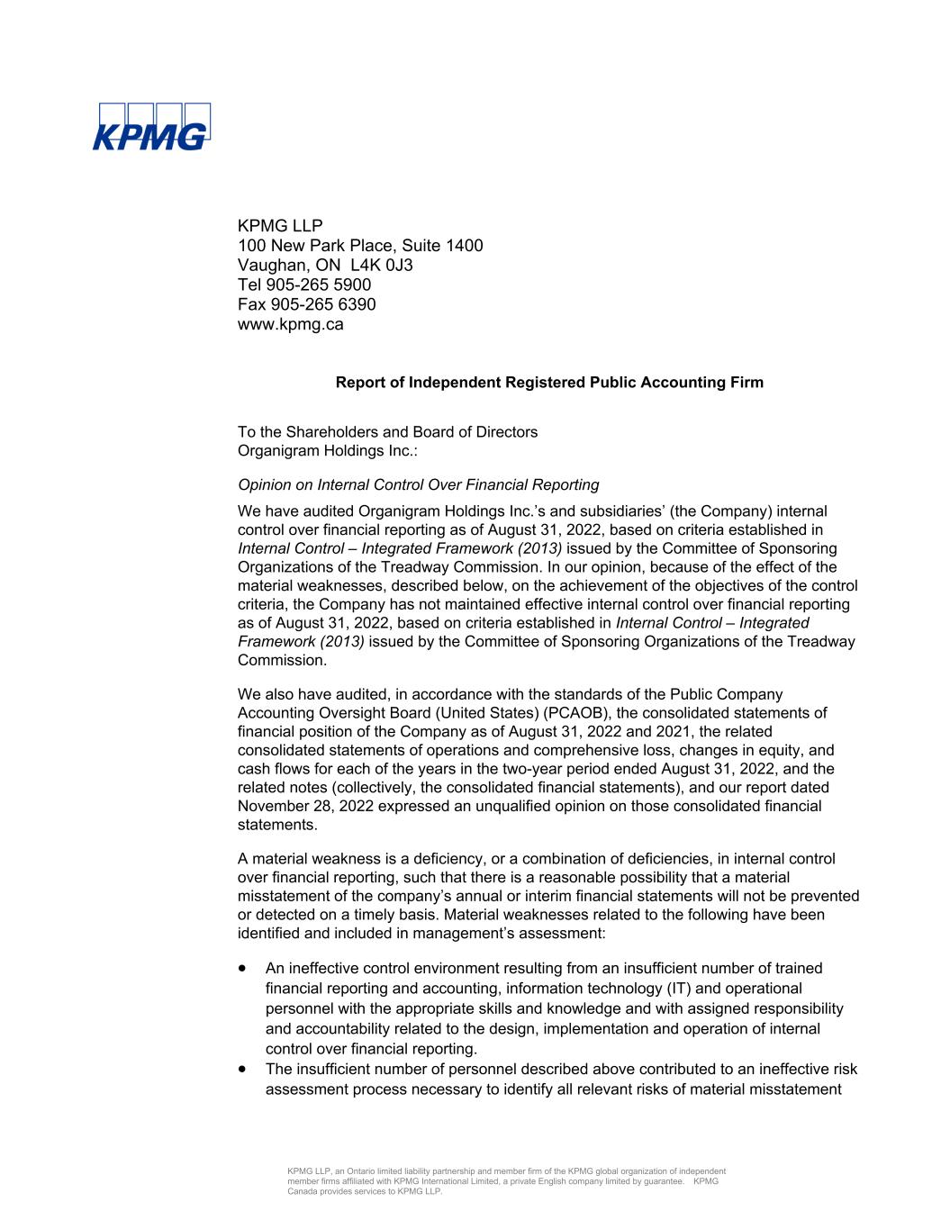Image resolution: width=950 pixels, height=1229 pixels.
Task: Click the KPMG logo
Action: [151, 127]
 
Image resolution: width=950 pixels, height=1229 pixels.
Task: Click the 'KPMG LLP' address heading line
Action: [279, 225]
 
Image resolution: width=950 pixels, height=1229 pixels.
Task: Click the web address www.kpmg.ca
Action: [290, 324]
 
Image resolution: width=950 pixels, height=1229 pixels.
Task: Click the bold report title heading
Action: [549, 383]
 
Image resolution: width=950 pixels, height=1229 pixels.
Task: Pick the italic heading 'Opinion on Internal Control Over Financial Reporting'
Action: [418, 485]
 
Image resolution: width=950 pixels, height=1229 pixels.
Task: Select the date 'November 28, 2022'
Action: [306, 806]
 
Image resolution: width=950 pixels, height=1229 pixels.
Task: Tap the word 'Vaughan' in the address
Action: [271, 265]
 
